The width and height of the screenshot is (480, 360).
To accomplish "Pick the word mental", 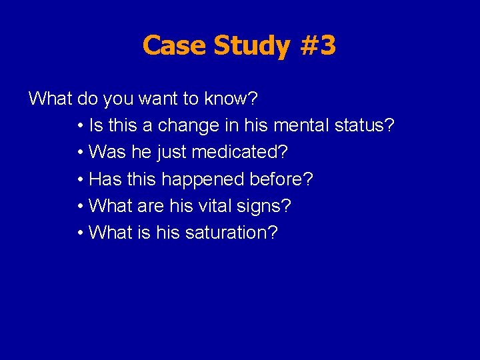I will [300, 126].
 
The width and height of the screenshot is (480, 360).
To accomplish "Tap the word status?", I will [367, 126].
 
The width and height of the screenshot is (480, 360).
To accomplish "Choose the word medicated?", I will [239, 153].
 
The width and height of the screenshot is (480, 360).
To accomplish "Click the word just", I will [172, 153].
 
